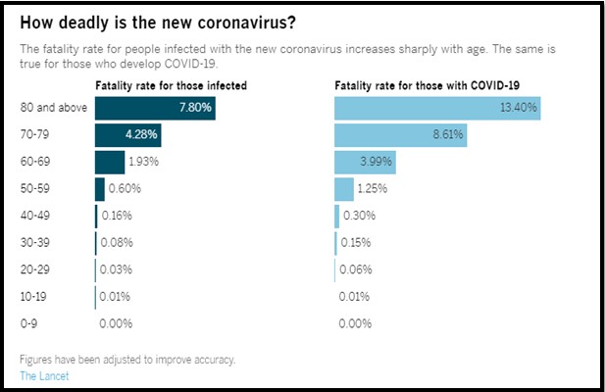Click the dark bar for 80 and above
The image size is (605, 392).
point(155,108)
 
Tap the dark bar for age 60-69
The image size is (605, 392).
point(110,162)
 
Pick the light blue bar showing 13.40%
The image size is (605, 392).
point(437,108)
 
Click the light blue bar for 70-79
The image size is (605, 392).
point(400,134)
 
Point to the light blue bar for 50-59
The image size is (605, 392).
point(344,188)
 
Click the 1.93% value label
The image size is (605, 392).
point(144,162)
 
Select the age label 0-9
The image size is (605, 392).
point(30,323)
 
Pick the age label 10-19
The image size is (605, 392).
point(36,296)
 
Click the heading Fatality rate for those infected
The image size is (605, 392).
point(171,85)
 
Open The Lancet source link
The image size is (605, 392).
point(44,374)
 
